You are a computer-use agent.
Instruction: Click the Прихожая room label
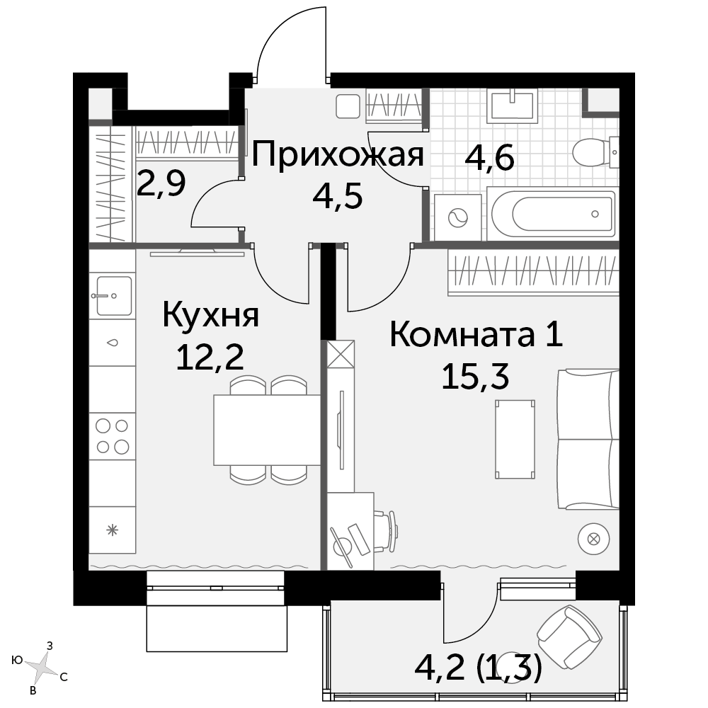click(337, 154)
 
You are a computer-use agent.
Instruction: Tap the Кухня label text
click(210, 315)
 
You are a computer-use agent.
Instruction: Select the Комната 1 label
click(476, 335)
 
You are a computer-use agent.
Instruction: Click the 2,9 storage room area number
click(161, 183)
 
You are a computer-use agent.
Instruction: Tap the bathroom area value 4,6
click(489, 158)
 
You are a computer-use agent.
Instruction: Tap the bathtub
click(554, 214)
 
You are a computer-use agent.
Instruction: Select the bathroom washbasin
click(513, 105)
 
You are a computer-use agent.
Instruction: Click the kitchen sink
click(113, 296)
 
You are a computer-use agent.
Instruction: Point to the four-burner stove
click(113, 435)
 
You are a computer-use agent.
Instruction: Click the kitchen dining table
click(267, 430)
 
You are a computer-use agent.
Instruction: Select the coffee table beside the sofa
click(515, 439)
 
